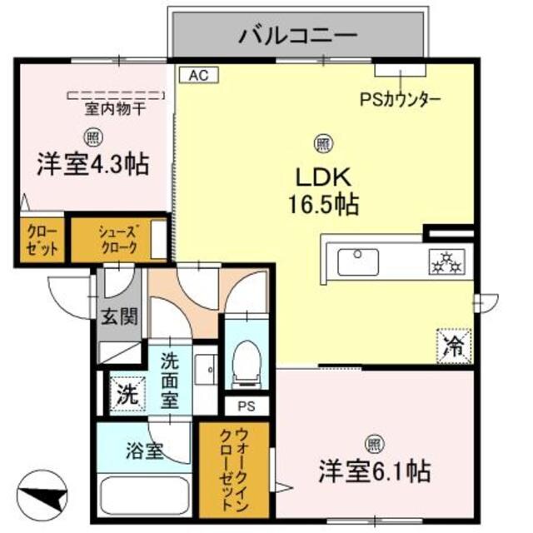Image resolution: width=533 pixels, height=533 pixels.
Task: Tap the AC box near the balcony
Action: pyautogui.click(x=198, y=76)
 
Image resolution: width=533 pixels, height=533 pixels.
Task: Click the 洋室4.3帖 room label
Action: pyautogui.click(x=92, y=164)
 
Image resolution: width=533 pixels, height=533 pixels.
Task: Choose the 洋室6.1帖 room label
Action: pyautogui.click(x=374, y=472)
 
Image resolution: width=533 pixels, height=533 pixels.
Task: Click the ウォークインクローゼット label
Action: pyautogui.click(x=232, y=471)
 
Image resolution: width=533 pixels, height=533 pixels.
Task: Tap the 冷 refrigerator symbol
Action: pyautogui.click(x=455, y=343)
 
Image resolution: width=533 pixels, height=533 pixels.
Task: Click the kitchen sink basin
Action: pyautogui.click(x=358, y=262)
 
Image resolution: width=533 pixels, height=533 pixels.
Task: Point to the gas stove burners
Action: pyautogui.click(x=445, y=262)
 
